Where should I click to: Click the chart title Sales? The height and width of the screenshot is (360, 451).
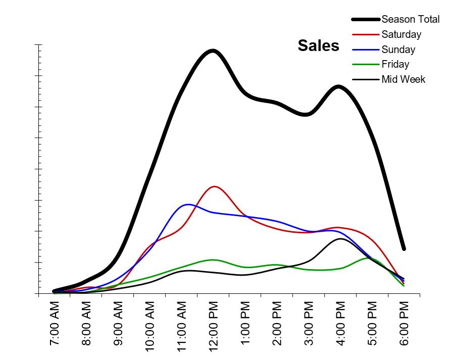(318, 46)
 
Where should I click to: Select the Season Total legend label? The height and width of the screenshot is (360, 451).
(410, 20)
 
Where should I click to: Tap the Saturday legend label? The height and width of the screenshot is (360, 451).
(401, 35)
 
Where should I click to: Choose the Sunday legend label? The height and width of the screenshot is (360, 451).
(398, 49)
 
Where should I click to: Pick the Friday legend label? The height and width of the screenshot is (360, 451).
(395, 64)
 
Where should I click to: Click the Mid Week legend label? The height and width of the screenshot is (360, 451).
(403, 79)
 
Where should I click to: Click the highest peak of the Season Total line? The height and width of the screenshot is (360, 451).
(213, 51)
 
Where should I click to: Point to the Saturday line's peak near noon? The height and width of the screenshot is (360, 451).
(215, 187)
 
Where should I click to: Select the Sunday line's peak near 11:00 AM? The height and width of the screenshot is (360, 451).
(188, 204)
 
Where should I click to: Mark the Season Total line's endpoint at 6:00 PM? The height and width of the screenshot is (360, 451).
(404, 248)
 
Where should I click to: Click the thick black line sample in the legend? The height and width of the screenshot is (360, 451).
(365, 20)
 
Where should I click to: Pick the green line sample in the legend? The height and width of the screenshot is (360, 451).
(365, 64)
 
